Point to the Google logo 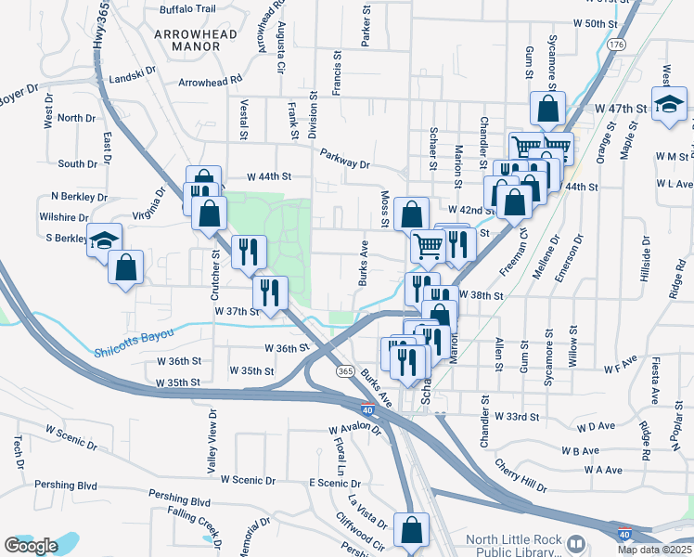point(31,546)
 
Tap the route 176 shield point(615,44)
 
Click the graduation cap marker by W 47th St point(669,106)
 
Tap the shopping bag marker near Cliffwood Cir point(410,530)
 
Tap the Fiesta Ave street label point(654,382)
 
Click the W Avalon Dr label point(355,431)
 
